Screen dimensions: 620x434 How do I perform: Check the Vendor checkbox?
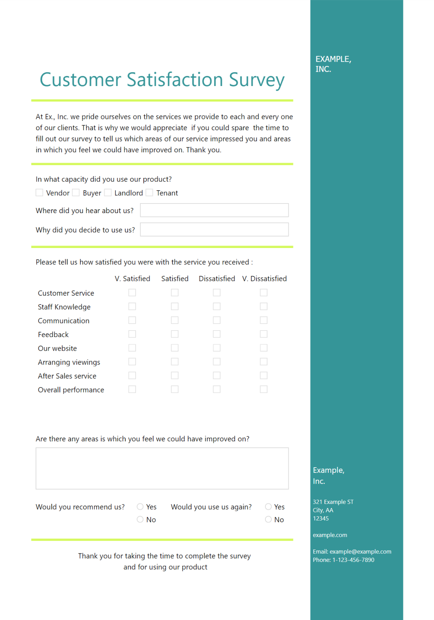(x=39, y=193)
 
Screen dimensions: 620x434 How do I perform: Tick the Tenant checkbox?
(x=149, y=193)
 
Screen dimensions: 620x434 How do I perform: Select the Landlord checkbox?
(x=108, y=193)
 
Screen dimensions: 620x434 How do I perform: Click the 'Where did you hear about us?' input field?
(x=214, y=210)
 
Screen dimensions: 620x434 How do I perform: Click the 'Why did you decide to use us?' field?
(x=214, y=229)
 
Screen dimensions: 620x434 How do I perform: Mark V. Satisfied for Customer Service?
(x=132, y=293)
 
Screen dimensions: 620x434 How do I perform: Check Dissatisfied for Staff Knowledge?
(x=217, y=307)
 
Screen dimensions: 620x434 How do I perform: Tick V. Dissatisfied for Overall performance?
(x=263, y=389)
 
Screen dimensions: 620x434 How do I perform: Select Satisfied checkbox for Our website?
(x=175, y=348)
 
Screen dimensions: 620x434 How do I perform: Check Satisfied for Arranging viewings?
(x=175, y=362)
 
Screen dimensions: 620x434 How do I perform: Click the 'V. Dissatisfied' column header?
(x=264, y=279)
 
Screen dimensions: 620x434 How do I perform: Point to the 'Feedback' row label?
(x=53, y=334)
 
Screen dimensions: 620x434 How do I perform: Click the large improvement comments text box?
(x=162, y=468)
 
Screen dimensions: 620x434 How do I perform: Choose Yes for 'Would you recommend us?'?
(x=140, y=506)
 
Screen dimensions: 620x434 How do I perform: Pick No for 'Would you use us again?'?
(x=268, y=519)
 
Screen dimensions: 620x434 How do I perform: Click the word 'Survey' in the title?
(x=257, y=80)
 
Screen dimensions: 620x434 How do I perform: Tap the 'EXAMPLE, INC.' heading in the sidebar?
(x=333, y=64)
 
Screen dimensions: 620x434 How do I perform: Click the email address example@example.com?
(x=360, y=551)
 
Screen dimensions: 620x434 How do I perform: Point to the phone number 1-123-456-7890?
(x=353, y=560)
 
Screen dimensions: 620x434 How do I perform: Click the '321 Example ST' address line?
(x=333, y=502)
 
